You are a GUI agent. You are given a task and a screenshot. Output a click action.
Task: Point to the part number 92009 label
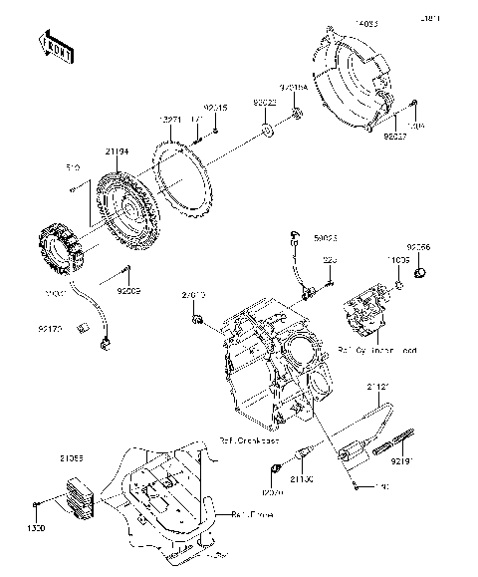[x=130, y=292]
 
